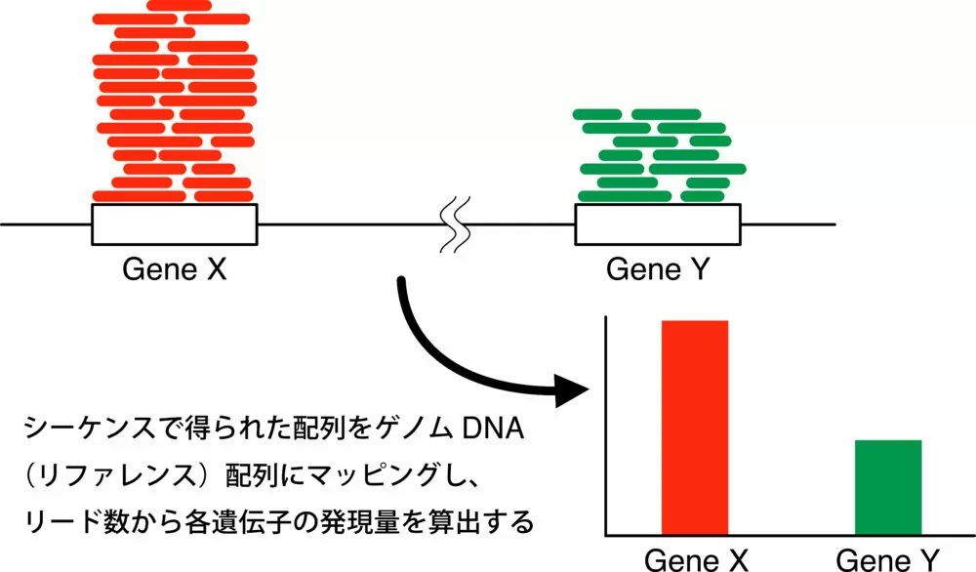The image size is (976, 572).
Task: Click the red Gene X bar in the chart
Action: [695, 427]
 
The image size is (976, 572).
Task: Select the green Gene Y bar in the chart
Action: [888, 486]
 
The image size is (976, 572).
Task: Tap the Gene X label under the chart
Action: [696, 559]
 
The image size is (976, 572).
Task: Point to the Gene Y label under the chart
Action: [889, 559]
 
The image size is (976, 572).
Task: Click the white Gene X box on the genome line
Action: [175, 225]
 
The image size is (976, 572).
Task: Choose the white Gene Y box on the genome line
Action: [657, 225]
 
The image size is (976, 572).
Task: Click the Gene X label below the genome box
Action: [175, 268]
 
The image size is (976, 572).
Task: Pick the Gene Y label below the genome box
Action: [657, 268]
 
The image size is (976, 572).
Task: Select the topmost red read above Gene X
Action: [178, 6]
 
